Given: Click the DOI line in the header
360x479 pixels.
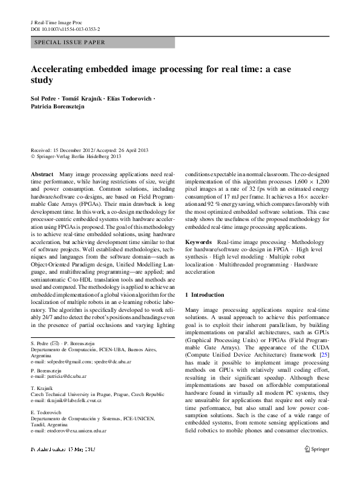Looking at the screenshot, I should pyautogui.click(x=65, y=28).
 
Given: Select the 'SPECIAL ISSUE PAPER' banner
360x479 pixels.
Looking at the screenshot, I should pyautogui.click(x=70, y=42).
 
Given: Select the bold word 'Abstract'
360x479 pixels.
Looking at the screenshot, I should pyautogui.click(x=42, y=174).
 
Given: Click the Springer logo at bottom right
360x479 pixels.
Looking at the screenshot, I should pyautogui.click(x=316, y=466).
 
